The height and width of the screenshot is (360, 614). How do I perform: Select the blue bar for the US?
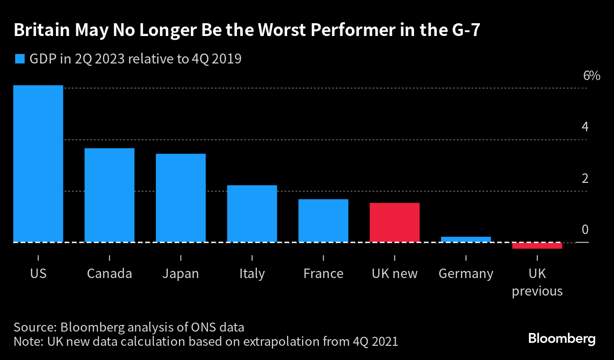(38, 164)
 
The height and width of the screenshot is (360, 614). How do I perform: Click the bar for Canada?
(109, 195)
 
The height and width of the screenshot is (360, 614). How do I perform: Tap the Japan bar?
(181, 198)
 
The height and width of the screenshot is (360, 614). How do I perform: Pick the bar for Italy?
(252, 214)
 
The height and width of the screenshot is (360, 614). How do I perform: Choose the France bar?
(323, 221)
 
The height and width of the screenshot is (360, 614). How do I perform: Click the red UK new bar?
(395, 223)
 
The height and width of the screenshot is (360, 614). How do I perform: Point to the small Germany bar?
(466, 240)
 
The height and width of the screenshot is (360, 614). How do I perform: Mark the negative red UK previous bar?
(537, 245)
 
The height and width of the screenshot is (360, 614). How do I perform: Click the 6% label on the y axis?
(592, 76)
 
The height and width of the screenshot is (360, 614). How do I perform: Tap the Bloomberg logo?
(561, 339)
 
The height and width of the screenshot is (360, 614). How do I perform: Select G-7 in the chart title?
(464, 30)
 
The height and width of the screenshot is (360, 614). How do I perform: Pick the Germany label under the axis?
(466, 274)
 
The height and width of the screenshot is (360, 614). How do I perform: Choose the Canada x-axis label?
(109, 274)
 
